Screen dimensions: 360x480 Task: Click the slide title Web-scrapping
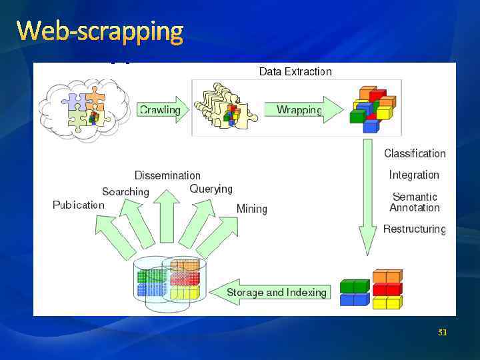[100, 31]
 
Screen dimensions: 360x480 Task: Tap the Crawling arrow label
[160, 110]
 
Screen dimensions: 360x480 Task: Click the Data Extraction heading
[295, 71]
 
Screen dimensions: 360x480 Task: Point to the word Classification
[414, 153]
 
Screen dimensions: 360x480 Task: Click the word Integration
[414, 175]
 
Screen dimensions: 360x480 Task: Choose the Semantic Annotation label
[414, 202]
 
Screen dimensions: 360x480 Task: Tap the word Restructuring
[414, 229]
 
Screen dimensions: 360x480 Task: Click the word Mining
[251, 209]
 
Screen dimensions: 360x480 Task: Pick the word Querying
[211, 189]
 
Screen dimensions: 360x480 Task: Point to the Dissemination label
[167, 175]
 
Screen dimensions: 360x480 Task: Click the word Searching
[125, 191]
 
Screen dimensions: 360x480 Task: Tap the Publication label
[79, 205]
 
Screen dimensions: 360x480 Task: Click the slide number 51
[442, 332]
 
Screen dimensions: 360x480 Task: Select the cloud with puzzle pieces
[83, 108]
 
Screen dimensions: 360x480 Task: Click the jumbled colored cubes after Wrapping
[372, 108]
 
